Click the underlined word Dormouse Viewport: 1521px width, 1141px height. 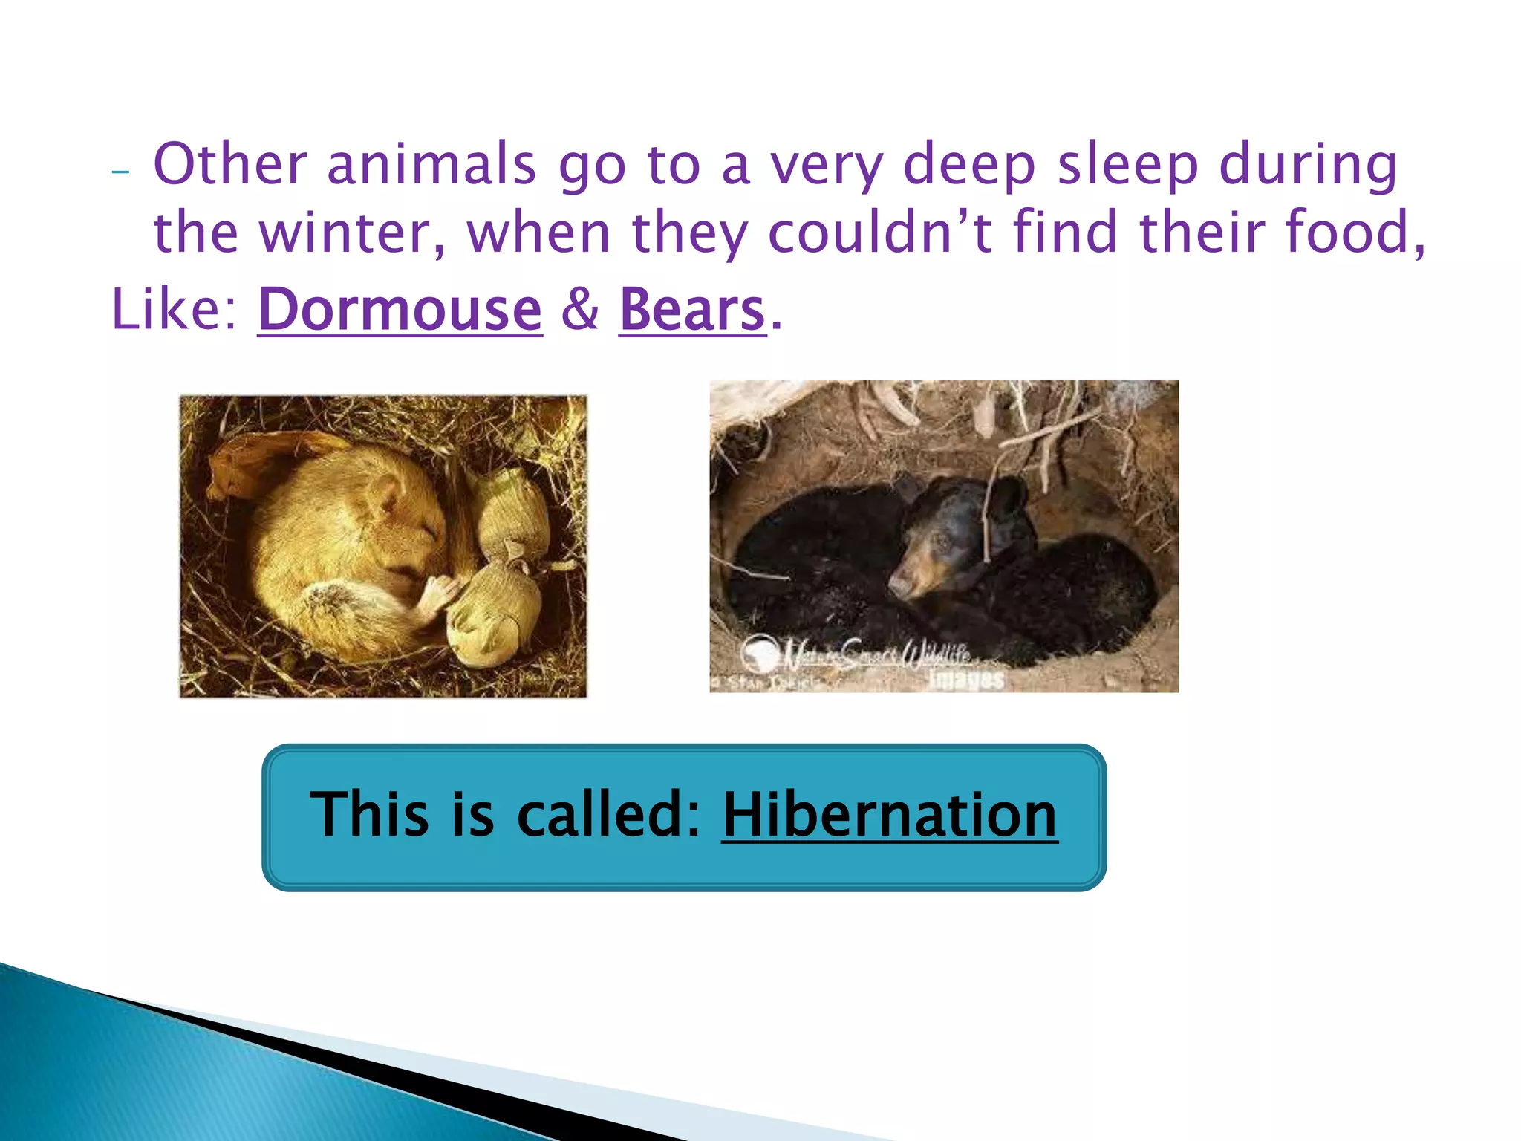[400, 310]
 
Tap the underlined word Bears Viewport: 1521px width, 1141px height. [691, 310]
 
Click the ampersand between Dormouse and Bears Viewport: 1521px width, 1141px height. [580, 310]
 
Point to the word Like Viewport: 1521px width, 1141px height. [173, 310]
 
